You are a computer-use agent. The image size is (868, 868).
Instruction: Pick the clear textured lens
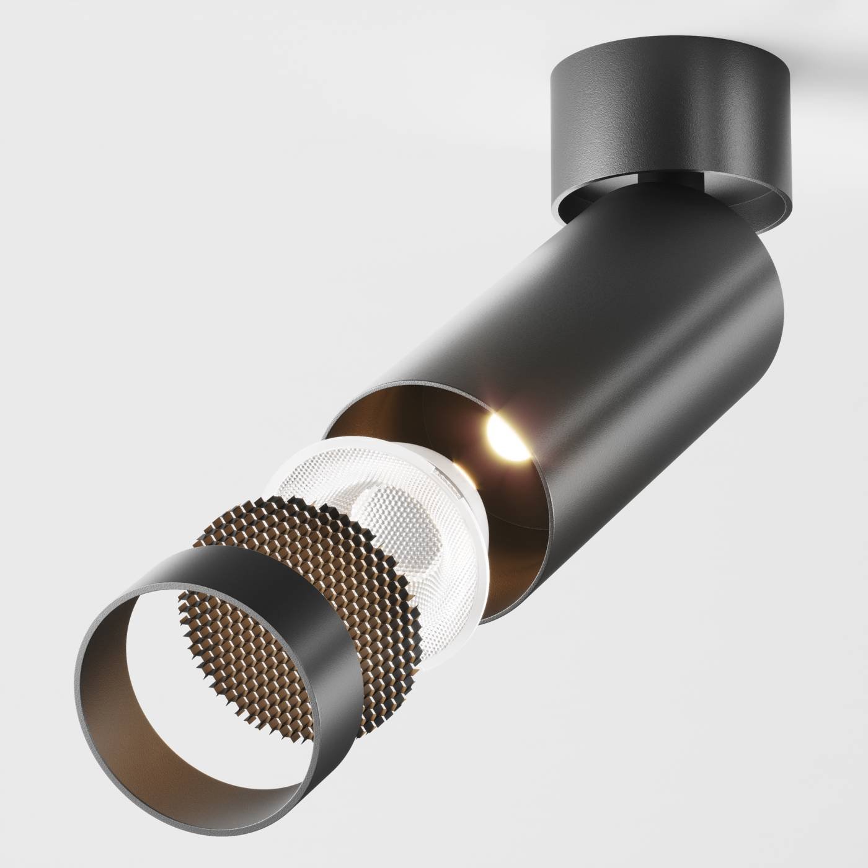397,527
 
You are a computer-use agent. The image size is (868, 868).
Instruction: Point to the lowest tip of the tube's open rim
490,620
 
